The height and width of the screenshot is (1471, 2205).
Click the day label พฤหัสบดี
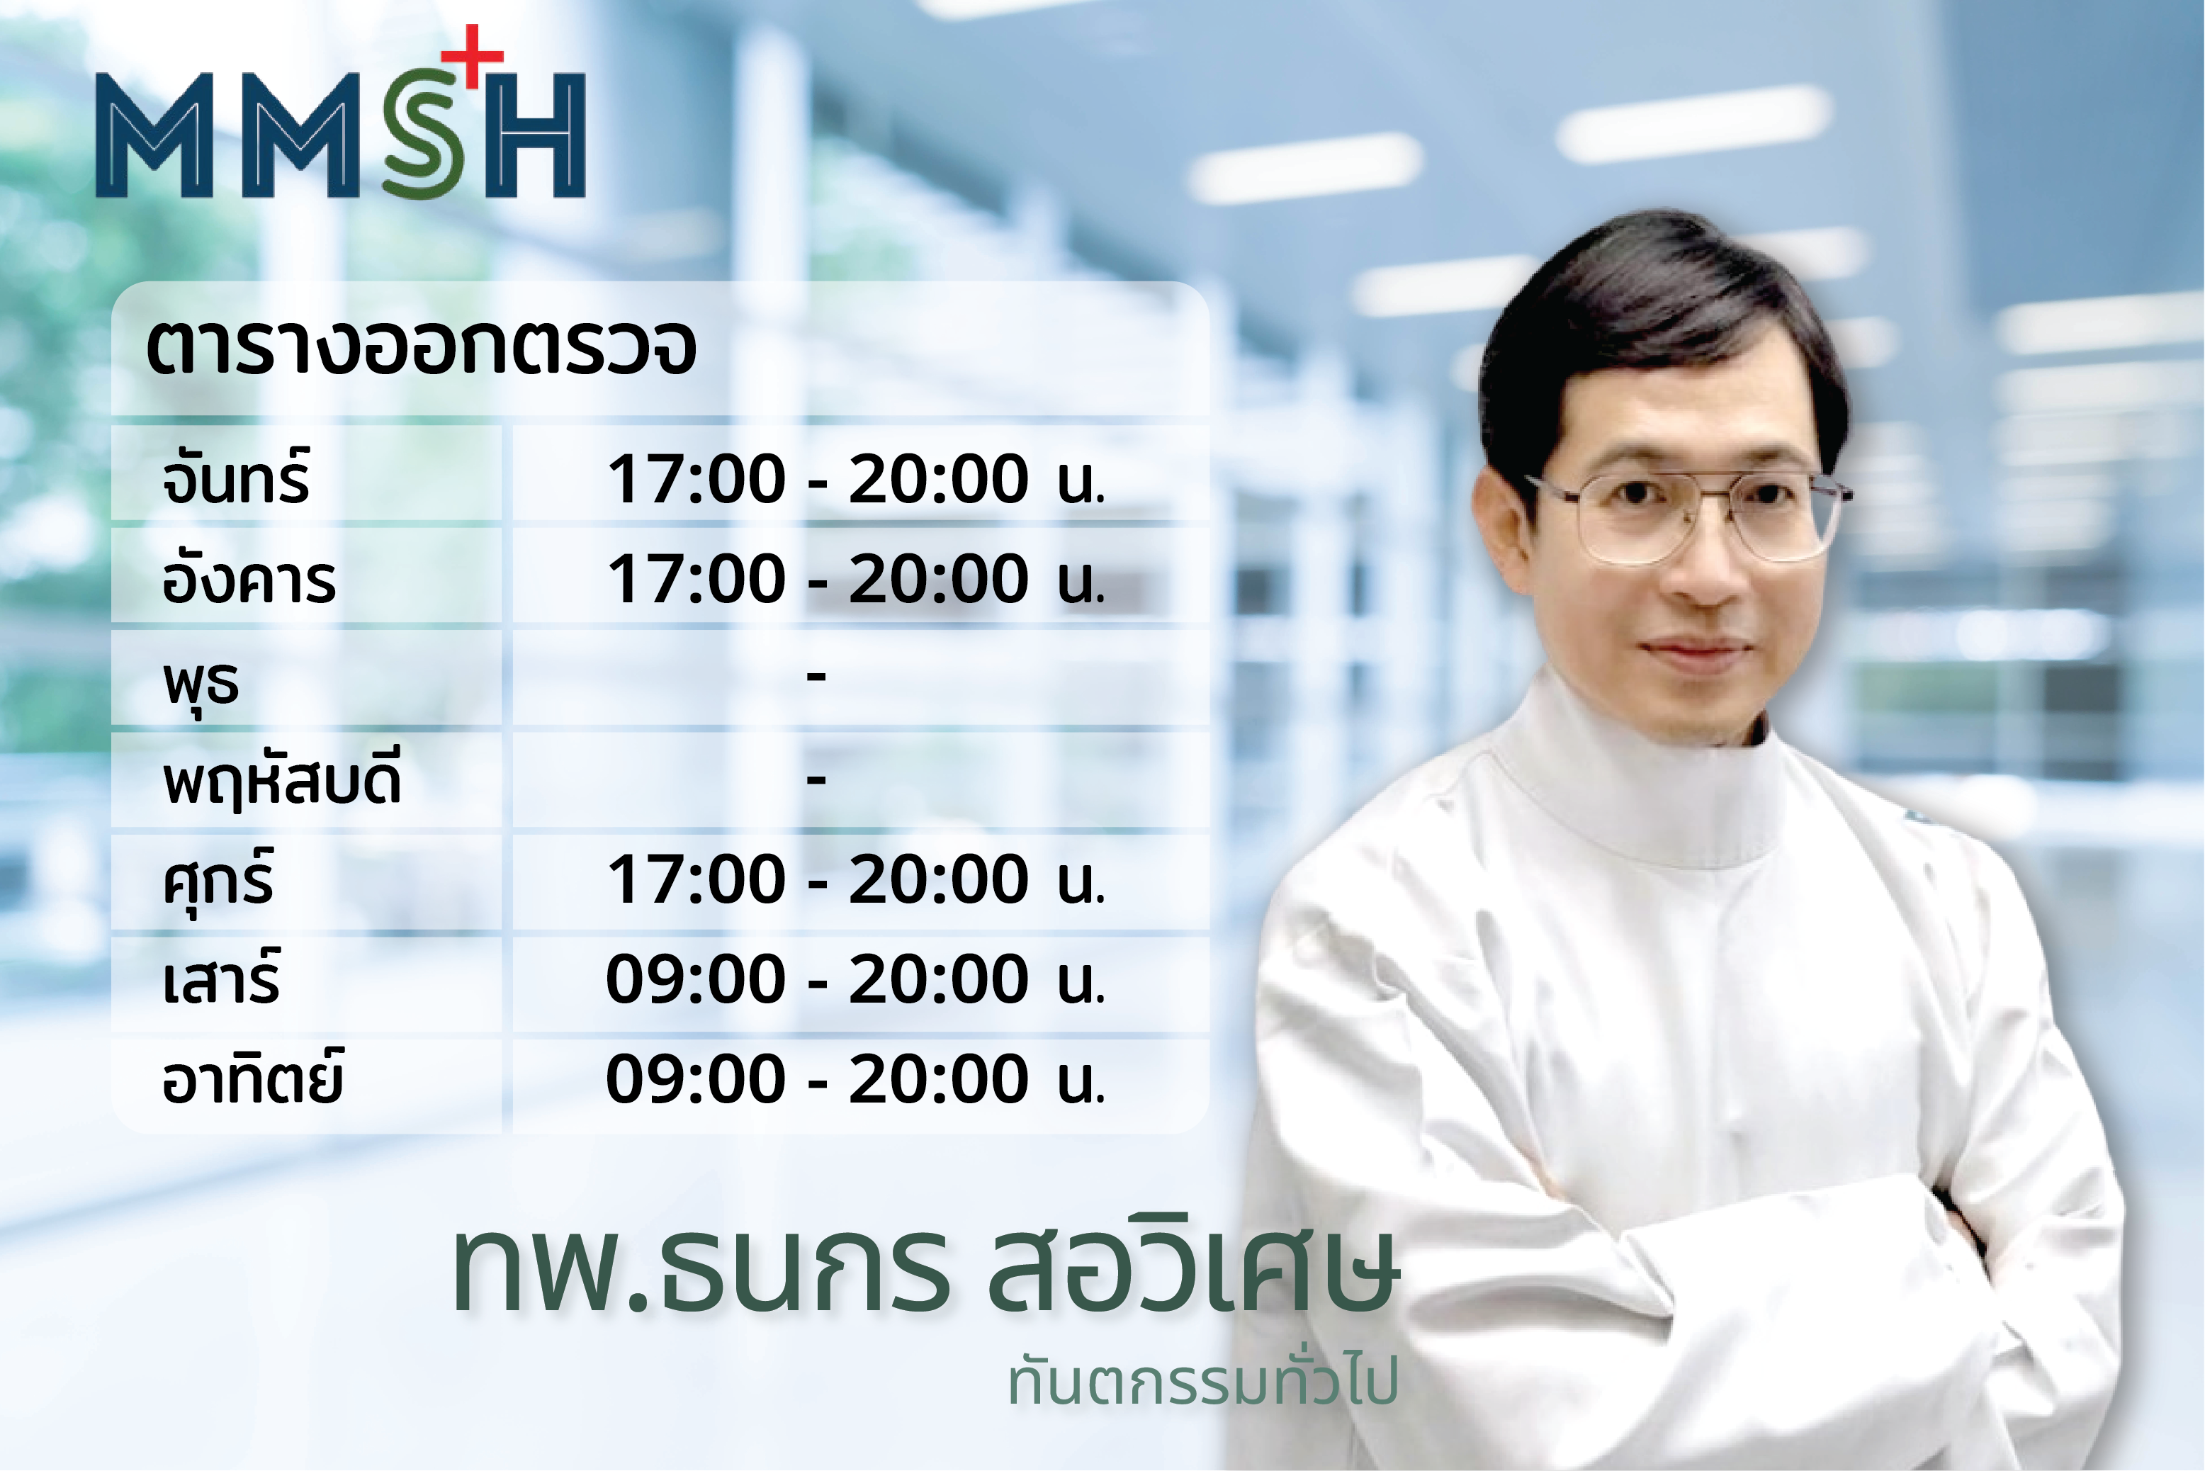pyautogui.click(x=282, y=779)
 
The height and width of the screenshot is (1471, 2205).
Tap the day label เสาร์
pyautogui.click(x=221, y=978)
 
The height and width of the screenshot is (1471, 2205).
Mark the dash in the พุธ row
pyautogui.click(x=816, y=675)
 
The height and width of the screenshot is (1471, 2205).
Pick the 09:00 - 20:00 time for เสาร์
pyautogui.click(x=855, y=979)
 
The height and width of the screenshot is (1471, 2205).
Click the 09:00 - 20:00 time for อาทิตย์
pyautogui.click(x=855, y=1079)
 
